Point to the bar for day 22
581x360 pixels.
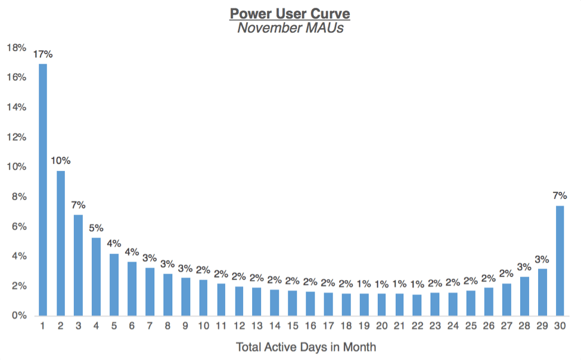(x=417, y=305)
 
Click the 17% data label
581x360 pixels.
(x=43, y=54)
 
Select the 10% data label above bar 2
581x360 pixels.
(x=61, y=161)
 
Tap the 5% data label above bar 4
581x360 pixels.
(x=97, y=228)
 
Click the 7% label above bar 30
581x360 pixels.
(x=560, y=195)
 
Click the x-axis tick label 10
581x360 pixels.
(x=203, y=327)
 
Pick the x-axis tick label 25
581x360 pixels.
(x=471, y=327)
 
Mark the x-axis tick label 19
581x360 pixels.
(x=363, y=327)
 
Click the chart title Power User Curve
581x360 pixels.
(x=290, y=13)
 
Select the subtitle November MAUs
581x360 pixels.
(x=290, y=28)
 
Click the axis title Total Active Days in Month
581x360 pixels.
(x=306, y=347)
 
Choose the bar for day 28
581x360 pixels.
(x=524, y=296)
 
